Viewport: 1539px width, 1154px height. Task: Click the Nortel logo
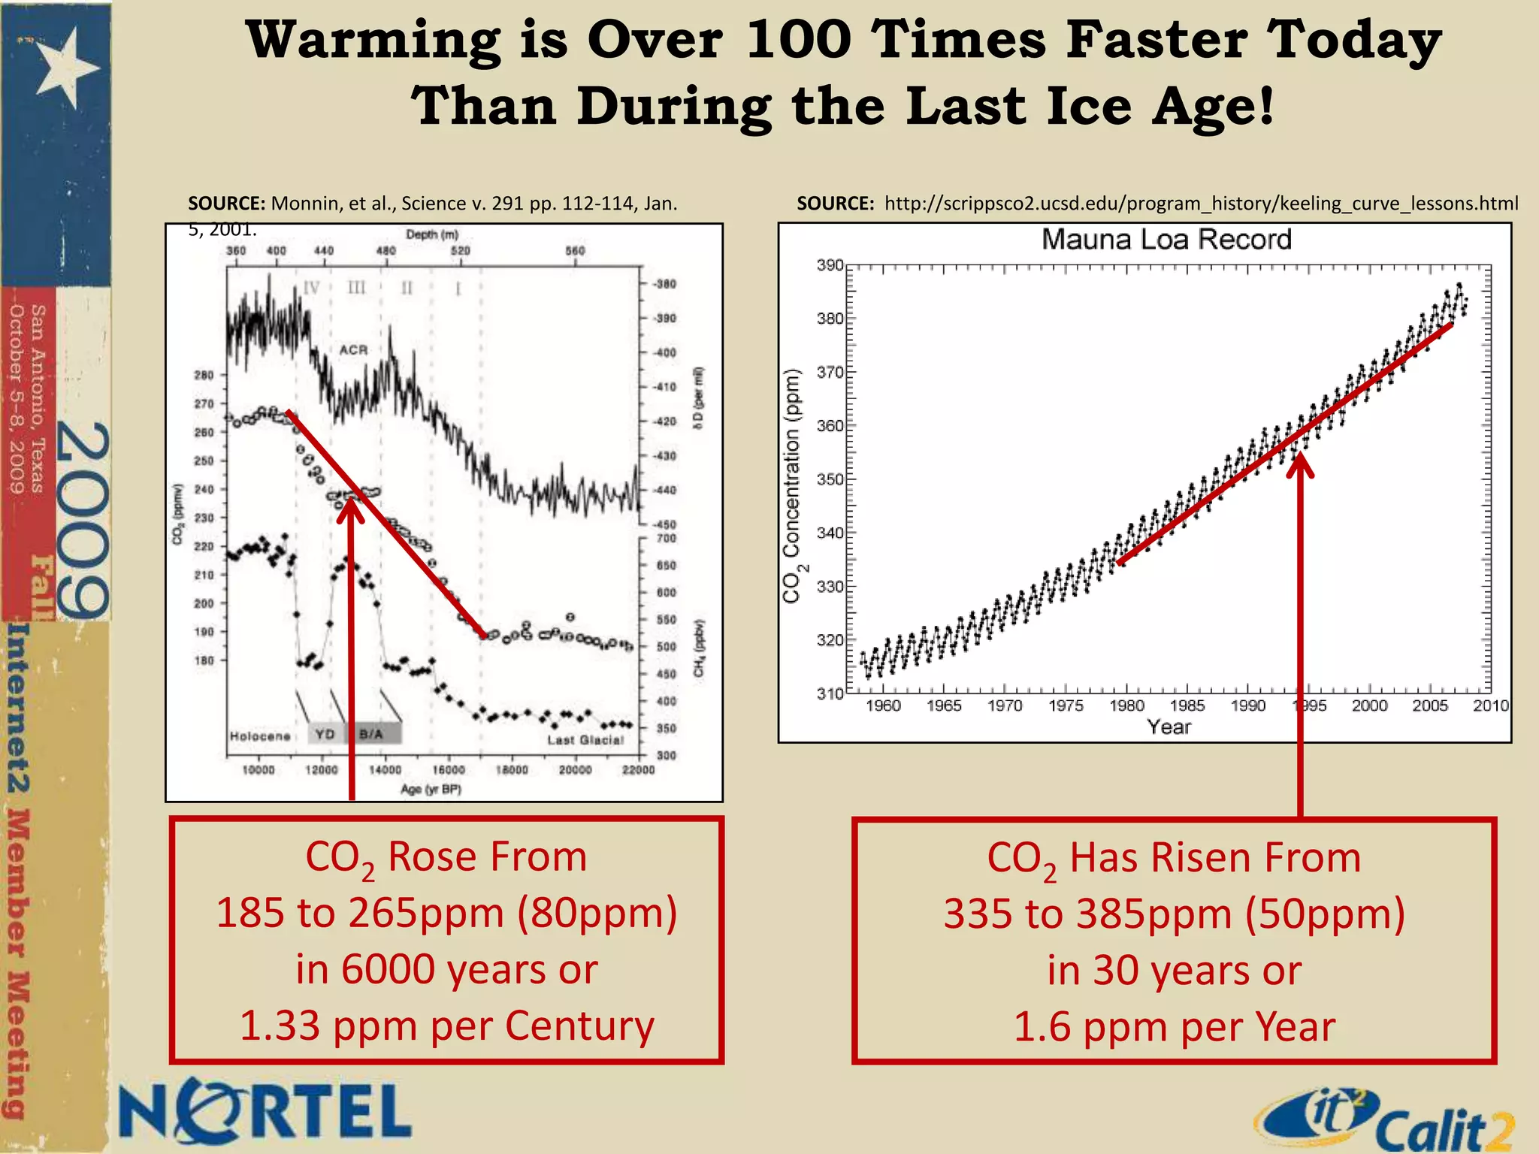coord(265,1110)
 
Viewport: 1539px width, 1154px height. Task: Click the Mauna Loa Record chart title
coord(1166,240)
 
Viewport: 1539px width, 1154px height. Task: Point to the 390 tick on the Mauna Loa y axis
coord(830,266)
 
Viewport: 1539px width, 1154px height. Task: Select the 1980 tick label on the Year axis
coord(1126,705)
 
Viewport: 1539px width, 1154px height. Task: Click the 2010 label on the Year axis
coord(1490,705)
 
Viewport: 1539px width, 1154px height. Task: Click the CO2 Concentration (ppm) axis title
coord(792,486)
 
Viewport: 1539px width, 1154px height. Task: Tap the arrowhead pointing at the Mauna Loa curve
coord(1300,465)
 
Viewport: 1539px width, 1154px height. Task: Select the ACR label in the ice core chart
coord(353,350)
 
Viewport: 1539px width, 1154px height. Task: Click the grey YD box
coord(325,734)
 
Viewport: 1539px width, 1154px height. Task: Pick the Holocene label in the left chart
coord(260,736)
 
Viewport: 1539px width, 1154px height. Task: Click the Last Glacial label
coord(585,740)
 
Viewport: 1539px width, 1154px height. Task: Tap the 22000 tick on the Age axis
coord(637,770)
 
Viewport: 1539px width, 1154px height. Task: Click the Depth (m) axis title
coord(432,234)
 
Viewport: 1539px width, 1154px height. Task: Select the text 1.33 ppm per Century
coord(446,1026)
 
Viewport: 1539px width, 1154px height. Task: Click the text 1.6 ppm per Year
coord(1174,1027)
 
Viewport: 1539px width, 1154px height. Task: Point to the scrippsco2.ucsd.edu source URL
coord(1201,204)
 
